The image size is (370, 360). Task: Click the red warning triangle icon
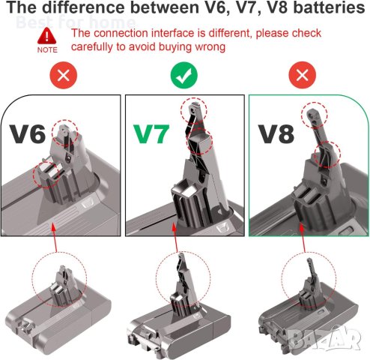[46, 34]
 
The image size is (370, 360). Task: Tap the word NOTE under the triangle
[46, 49]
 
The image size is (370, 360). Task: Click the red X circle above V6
[62, 75]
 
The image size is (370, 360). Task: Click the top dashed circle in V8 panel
[315, 114]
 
